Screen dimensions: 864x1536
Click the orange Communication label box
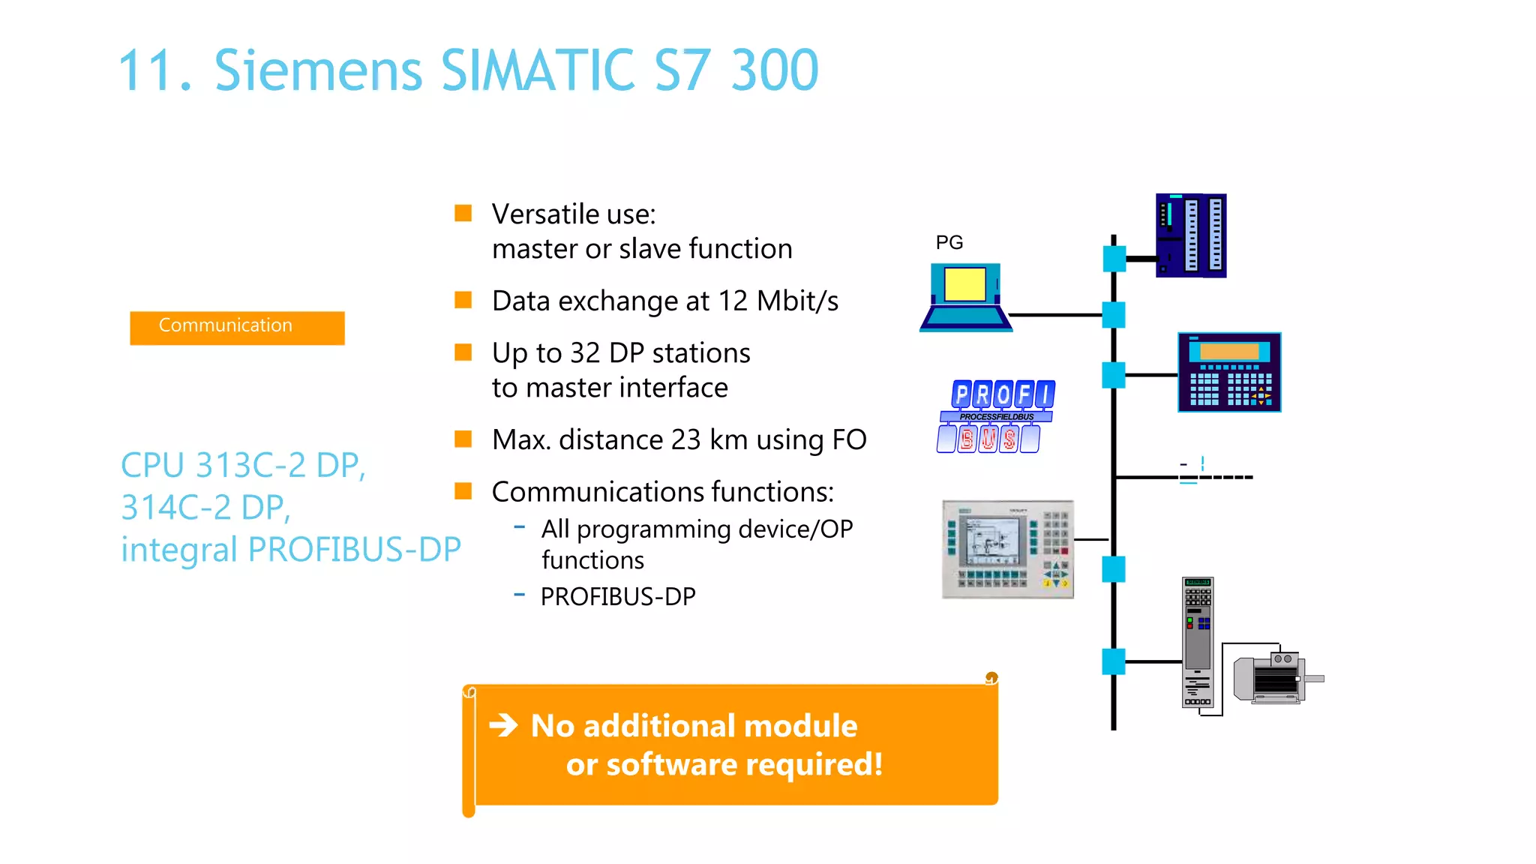tap(237, 328)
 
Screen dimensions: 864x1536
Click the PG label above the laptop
tap(949, 242)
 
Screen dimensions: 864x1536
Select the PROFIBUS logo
tap(995, 416)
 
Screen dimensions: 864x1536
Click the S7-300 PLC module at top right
tap(1191, 235)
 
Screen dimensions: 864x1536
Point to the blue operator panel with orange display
tap(1229, 372)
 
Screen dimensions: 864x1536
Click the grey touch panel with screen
tap(1007, 549)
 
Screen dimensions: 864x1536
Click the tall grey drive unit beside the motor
tap(1198, 642)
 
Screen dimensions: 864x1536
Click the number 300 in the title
tap(775, 70)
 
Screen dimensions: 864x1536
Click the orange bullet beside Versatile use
tap(463, 214)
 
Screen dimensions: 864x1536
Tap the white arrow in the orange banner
tap(503, 725)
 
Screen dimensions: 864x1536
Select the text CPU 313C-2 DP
tap(243, 465)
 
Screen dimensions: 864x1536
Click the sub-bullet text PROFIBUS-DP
tap(618, 596)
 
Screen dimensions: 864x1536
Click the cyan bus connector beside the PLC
tap(1114, 259)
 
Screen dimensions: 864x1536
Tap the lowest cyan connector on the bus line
tap(1113, 661)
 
